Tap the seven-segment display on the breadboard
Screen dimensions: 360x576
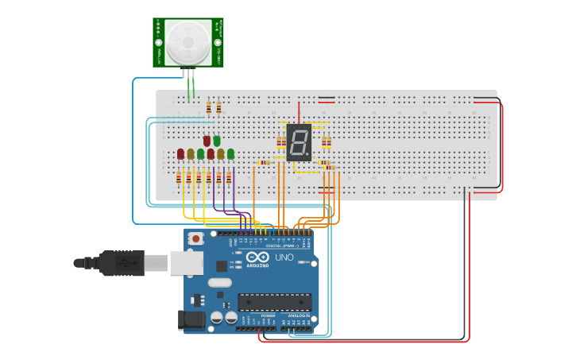(x=298, y=143)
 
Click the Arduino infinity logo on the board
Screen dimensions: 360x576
(x=257, y=257)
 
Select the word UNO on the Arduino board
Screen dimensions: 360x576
(x=284, y=257)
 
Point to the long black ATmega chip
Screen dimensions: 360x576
(x=274, y=302)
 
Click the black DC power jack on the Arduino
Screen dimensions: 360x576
(x=191, y=319)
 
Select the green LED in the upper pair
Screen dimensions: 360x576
(x=216, y=140)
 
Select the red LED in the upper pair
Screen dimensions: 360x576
(x=207, y=140)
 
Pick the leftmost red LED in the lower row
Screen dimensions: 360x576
(x=180, y=153)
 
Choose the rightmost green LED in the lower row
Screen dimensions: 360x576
(x=230, y=153)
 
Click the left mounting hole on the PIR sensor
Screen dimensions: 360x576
(x=159, y=42)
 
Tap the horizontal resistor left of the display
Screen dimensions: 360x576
(x=264, y=163)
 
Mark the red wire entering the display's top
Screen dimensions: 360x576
(x=299, y=112)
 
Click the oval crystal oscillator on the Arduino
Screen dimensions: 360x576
(x=219, y=282)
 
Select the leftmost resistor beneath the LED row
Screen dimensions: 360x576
(x=179, y=178)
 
